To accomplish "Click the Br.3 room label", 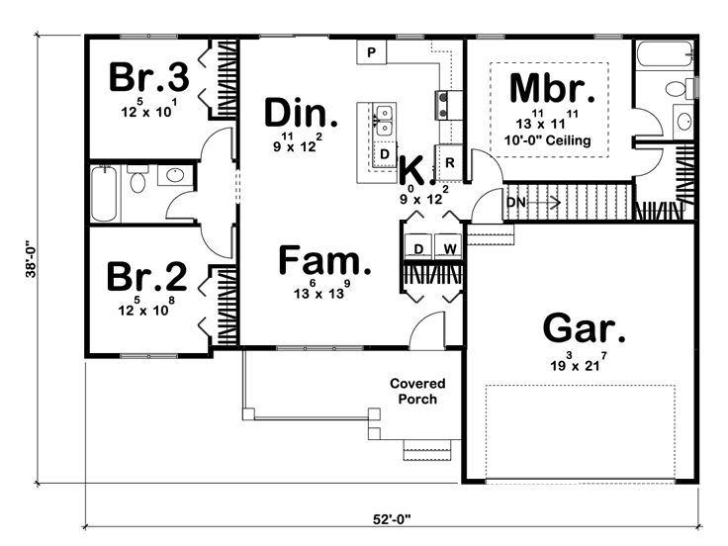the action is pyautogui.click(x=149, y=76).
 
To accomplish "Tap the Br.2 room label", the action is pyautogui.click(x=146, y=277).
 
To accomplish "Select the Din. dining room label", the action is pyautogui.click(x=301, y=113).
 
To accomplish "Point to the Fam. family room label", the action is pyautogui.click(x=324, y=260).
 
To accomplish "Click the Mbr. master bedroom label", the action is pyautogui.click(x=552, y=88).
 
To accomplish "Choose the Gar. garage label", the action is pyautogui.click(x=584, y=328).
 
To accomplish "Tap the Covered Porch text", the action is pyautogui.click(x=417, y=391).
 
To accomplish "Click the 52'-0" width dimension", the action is pyautogui.click(x=393, y=518).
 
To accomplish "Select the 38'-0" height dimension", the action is pyautogui.click(x=31, y=258).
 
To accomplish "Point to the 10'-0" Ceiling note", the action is pyautogui.click(x=548, y=140).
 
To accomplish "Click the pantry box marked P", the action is pyautogui.click(x=372, y=52).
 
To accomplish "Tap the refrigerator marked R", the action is pyautogui.click(x=449, y=162).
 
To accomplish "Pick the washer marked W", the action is pyautogui.click(x=448, y=246).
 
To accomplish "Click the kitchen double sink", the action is pyautogui.click(x=384, y=121).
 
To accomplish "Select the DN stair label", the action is pyautogui.click(x=515, y=203).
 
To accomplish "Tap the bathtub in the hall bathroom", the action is pyautogui.click(x=104, y=193).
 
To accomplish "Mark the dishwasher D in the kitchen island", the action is pyautogui.click(x=384, y=153).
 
